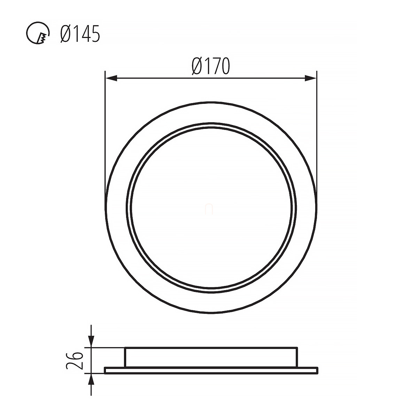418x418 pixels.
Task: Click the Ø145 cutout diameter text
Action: tap(80, 34)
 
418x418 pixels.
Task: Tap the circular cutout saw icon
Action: tap(38, 33)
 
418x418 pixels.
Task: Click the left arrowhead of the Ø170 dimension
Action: tap(111, 78)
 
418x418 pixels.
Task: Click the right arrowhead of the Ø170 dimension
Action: tap(311, 78)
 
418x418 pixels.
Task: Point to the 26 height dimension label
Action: tap(75, 361)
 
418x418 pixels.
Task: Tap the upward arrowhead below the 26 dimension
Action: tap(91, 380)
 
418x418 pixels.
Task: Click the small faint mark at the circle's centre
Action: tap(209, 209)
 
